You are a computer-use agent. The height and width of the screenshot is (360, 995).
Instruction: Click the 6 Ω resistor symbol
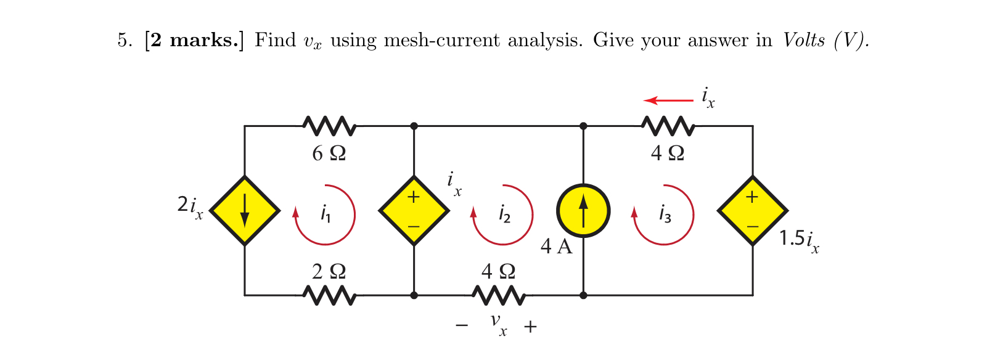click(329, 126)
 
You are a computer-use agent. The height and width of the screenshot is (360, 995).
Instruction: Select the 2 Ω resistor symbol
click(329, 296)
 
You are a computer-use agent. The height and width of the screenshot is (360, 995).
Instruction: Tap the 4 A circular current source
click(583, 211)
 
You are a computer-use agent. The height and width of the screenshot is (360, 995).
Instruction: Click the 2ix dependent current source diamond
click(245, 211)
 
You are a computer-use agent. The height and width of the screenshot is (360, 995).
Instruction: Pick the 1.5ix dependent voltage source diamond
click(752, 211)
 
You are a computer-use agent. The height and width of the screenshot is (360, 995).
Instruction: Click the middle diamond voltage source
click(414, 211)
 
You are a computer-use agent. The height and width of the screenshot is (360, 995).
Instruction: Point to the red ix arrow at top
click(668, 100)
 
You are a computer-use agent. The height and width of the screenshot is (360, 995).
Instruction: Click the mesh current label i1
click(326, 214)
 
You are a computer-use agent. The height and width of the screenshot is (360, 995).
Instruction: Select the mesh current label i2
click(504, 214)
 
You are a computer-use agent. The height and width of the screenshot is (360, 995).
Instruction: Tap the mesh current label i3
click(665, 214)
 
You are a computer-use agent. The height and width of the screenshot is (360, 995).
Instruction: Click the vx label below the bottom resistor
click(498, 323)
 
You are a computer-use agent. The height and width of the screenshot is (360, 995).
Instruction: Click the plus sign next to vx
click(530, 326)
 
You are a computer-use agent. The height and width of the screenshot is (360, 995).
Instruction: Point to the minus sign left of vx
click(462, 325)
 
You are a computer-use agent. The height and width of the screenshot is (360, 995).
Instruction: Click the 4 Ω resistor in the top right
click(668, 126)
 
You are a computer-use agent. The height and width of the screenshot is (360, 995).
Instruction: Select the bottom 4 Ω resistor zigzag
click(499, 296)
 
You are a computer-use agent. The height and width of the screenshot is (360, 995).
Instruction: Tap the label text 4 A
click(556, 247)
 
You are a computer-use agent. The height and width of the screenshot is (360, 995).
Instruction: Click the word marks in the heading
click(203, 40)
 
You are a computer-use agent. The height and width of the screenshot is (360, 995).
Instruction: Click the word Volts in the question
click(803, 40)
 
